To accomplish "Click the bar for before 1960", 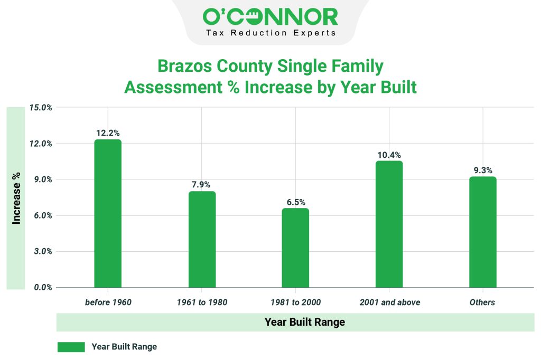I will [108, 214].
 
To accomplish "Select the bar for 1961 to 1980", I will [202, 240].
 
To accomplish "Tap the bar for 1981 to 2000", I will [295, 248].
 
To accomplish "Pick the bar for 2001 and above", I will [389, 224].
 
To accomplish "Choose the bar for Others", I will [482, 232].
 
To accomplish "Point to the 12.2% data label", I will [108, 133].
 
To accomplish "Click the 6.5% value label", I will [295, 202].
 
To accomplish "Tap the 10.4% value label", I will [389, 155].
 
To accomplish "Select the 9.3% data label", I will [482, 170].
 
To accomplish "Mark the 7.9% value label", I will [202, 185].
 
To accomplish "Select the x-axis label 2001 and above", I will [390, 302].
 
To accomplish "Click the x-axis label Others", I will [482, 302].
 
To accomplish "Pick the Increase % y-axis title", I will [16, 198].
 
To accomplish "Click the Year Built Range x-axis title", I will [304, 322].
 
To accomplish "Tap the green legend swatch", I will [71, 347].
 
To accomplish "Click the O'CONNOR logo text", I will [270, 17].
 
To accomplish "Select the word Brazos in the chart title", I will [184, 67].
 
